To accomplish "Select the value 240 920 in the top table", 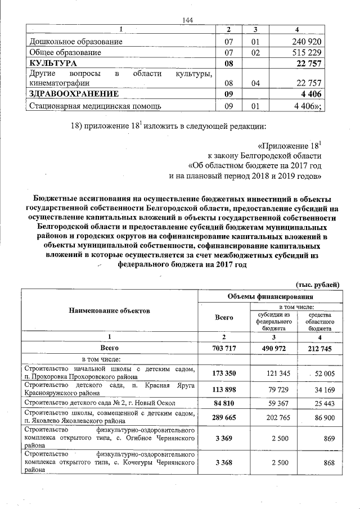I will pos(307,42).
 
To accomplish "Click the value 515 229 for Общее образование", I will pos(307,52).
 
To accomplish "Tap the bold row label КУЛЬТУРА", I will pos(53,63).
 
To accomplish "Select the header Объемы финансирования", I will pos(269,296).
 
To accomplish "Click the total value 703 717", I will pos(223,349).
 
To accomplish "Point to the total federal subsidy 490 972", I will pos(272,349).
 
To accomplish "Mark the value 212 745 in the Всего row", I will pos(319,349).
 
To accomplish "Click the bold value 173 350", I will pos(223,373).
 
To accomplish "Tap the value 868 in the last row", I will pos(329,463).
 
